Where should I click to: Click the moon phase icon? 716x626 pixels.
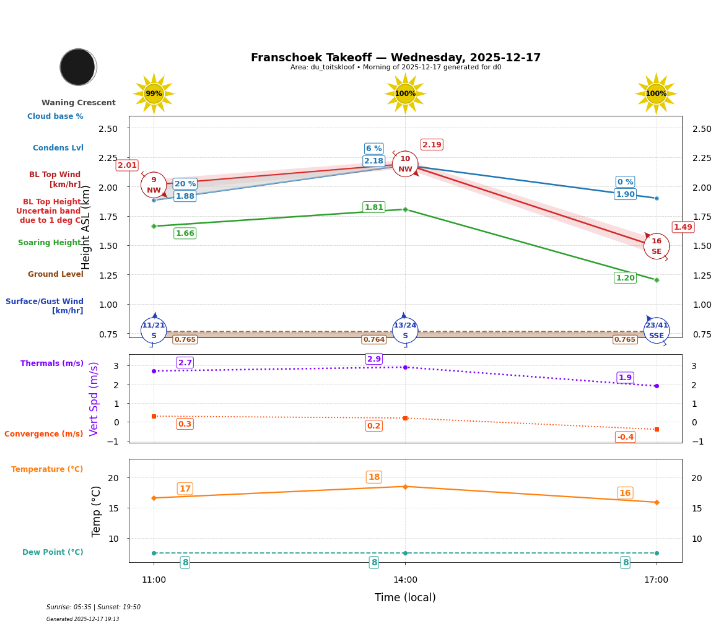(78, 67)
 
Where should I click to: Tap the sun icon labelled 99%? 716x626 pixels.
(154, 93)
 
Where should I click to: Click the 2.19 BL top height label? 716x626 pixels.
(432, 145)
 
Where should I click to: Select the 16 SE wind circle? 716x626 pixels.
(656, 246)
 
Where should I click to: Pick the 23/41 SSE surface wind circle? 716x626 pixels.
(656, 330)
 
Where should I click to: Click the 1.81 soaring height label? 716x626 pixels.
(373, 207)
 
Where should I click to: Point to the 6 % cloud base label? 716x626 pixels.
(373, 149)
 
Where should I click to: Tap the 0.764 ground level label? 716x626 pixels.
(373, 339)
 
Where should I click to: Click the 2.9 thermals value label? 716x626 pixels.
(374, 359)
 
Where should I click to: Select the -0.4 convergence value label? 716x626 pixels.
(625, 437)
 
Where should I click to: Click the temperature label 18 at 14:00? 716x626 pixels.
(374, 477)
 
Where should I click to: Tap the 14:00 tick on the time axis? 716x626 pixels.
(405, 580)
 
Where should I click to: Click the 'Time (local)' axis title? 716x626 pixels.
(405, 598)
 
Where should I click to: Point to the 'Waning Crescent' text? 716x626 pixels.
(79, 103)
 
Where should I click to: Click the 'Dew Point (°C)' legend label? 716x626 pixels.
(53, 552)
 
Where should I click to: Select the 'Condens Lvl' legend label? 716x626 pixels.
(58, 148)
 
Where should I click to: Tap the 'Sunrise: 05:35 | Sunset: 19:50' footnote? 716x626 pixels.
(94, 607)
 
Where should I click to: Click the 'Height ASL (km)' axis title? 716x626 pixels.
(86, 227)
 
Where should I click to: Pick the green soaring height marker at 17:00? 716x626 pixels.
(657, 280)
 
